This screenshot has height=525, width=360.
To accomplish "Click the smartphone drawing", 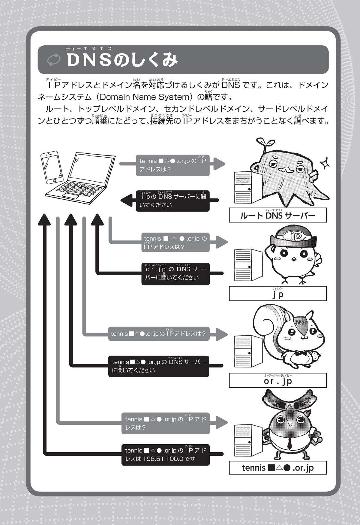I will [x=52, y=167].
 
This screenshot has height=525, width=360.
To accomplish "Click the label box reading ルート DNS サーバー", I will [x=277, y=215].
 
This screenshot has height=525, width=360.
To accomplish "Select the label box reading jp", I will [x=277, y=294].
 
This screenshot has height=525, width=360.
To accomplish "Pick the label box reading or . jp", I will [x=277, y=380].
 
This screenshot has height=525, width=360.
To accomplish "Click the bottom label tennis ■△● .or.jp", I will [x=277, y=468].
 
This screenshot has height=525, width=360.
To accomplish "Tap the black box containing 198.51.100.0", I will [x=165, y=454].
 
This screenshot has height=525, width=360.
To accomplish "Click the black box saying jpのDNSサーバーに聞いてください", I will [x=172, y=201].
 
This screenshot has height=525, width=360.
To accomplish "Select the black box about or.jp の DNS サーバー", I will [x=175, y=273].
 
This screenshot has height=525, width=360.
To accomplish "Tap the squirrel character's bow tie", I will [x=301, y=353].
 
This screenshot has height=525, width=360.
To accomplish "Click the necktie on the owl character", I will [x=289, y=443].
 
